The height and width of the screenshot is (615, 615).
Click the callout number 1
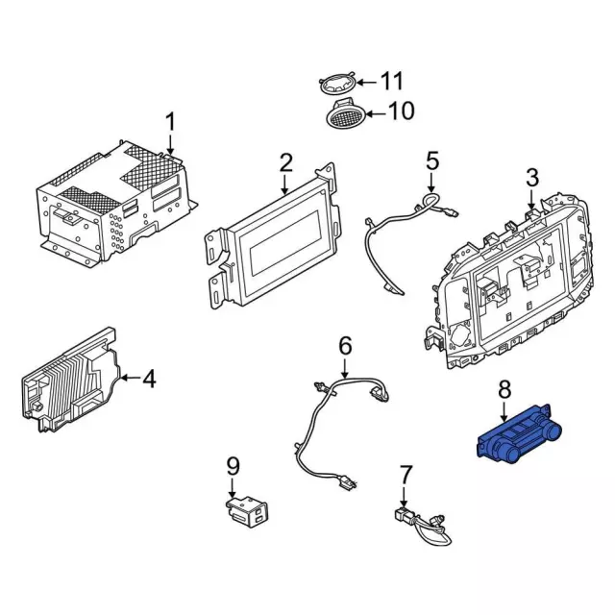pos(170,123)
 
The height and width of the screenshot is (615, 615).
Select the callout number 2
pos(285,163)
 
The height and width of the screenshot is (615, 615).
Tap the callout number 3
pos(532,176)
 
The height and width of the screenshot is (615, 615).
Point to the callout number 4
pos(148,380)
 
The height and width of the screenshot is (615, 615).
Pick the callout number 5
pos(431,160)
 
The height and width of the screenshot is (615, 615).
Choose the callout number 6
pos(346,344)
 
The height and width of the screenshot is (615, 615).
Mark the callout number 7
pos(405,474)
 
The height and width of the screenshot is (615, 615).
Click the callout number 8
pos(504,390)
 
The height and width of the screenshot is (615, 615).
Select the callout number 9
pos(232,466)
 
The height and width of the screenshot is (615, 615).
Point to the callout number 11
pos(393,81)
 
